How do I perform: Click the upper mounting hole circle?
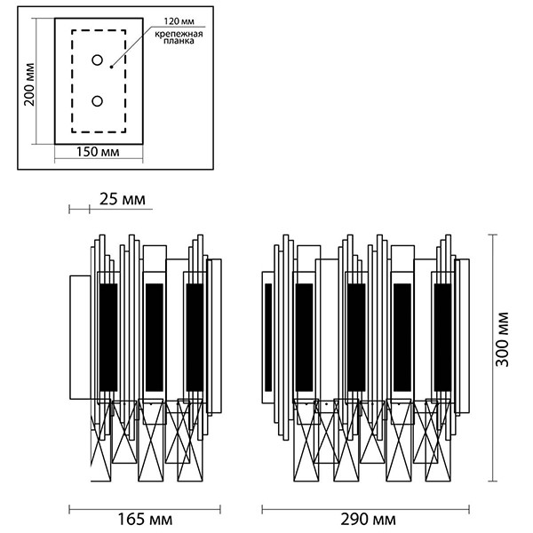pyautogui.click(x=97, y=60)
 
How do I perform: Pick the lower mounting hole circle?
pyautogui.click(x=97, y=101)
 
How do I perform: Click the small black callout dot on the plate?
pyautogui.click(x=110, y=67)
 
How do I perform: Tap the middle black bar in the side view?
pyautogui.click(x=154, y=338)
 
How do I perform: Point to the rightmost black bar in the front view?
pyautogui.click(x=442, y=338)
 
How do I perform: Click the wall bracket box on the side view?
pyautogui.click(x=78, y=338)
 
